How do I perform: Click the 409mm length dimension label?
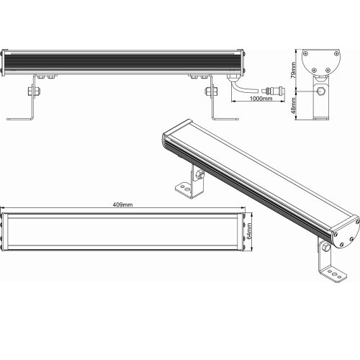[122, 204]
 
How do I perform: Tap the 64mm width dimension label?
[249, 231]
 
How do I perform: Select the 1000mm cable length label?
[261, 99]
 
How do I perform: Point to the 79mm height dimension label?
[293, 70]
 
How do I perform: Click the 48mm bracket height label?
[293, 106]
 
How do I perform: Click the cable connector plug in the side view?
[274, 91]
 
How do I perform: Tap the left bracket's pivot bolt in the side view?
[34, 91]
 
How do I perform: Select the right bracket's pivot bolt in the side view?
[212, 91]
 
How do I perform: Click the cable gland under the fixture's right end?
[233, 77]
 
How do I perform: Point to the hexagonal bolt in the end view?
[321, 91]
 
